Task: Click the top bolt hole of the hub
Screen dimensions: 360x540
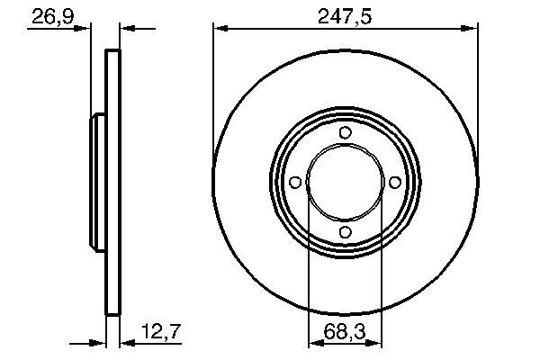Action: [x=345, y=133]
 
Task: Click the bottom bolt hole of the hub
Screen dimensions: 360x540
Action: [x=345, y=233]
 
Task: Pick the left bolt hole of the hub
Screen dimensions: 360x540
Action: [x=295, y=183]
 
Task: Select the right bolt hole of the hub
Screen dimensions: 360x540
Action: [x=394, y=183]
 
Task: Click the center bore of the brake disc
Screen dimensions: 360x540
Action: [x=345, y=183]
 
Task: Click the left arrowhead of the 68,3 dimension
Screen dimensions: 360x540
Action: [x=314, y=344]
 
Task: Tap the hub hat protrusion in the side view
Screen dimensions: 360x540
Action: [x=96, y=183]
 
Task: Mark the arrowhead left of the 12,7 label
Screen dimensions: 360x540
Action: [x=125, y=344]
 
